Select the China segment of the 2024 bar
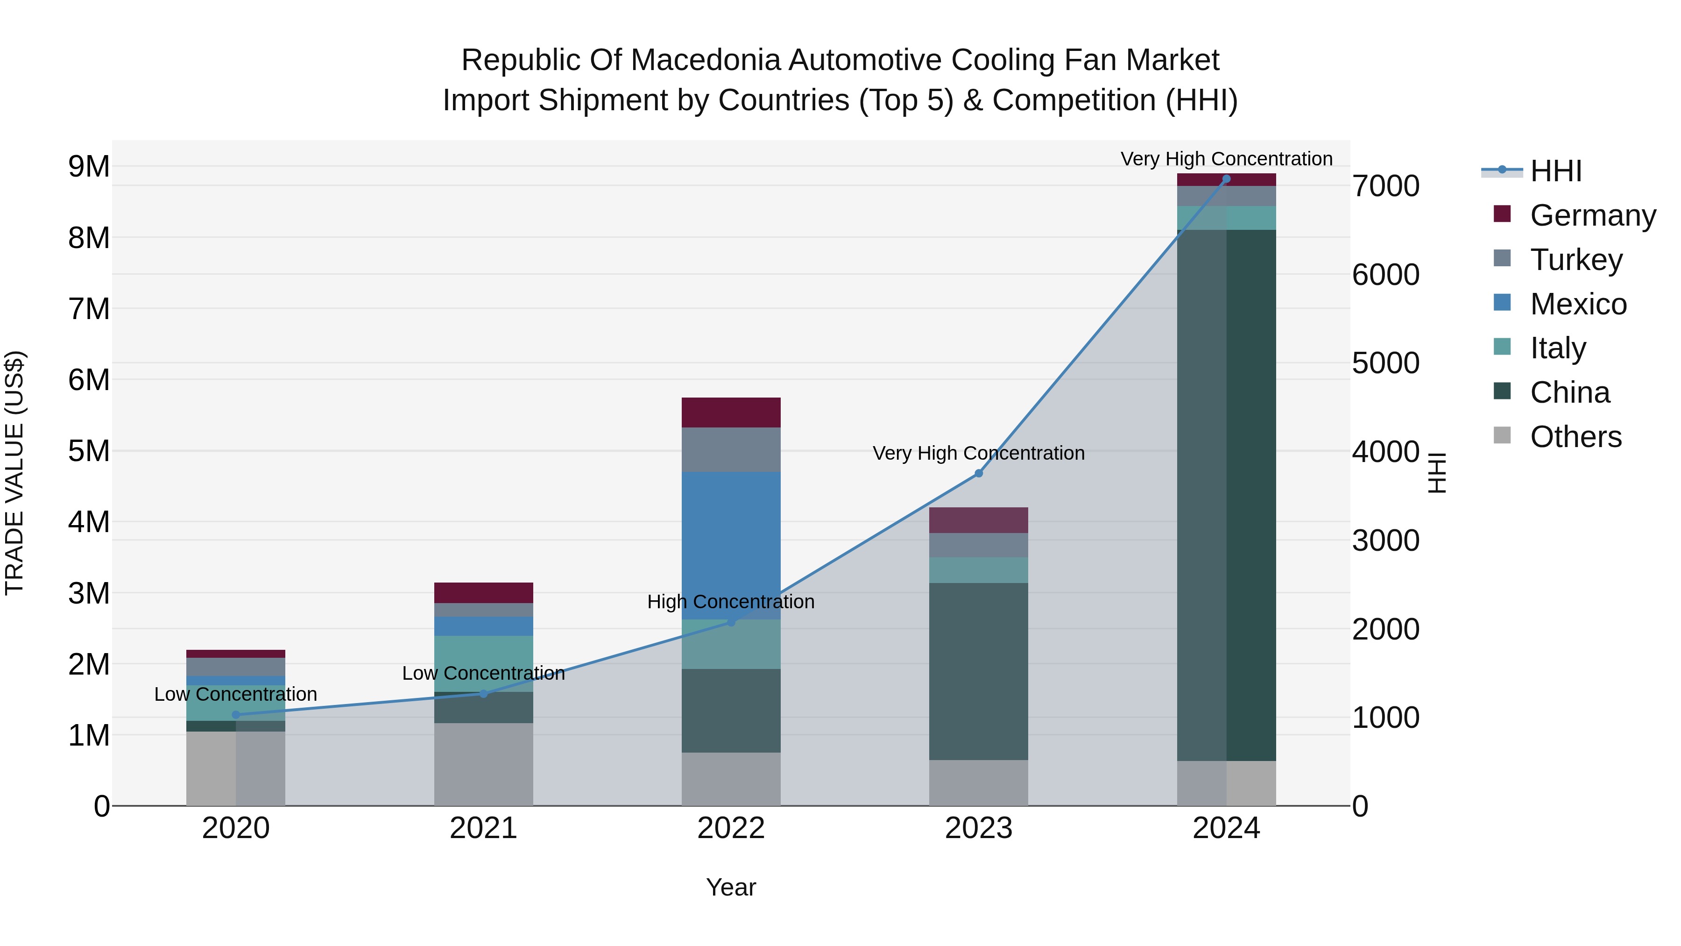pos(1226,495)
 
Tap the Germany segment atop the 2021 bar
pos(484,592)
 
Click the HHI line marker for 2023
pos(978,473)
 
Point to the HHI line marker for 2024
pos(1226,179)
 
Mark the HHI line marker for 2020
pos(236,715)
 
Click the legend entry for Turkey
pos(1575,260)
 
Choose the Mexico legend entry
pos(1578,304)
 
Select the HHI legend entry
pos(1556,171)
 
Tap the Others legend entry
pos(1575,437)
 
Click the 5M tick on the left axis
pos(89,450)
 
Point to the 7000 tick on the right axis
pos(1385,186)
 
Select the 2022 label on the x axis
pos(731,828)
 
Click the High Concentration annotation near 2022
pos(731,601)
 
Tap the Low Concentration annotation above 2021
pos(484,673)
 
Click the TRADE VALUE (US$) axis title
pos(14,473)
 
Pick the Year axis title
pos(731,887)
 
